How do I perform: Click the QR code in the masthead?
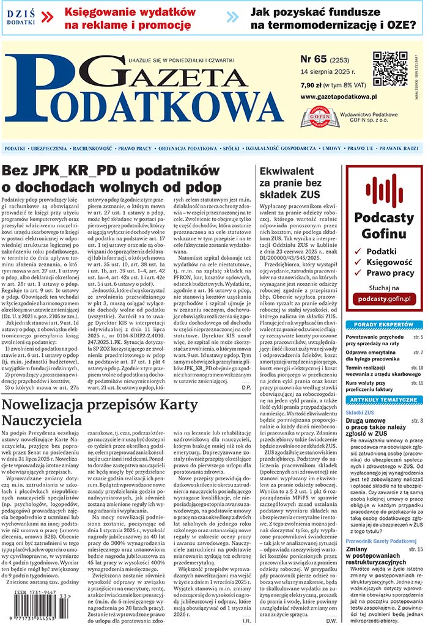[390, 68]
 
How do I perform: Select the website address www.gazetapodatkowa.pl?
[339, 97]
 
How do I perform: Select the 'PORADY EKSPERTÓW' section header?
[383, 324]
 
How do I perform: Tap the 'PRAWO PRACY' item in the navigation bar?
[135, 148]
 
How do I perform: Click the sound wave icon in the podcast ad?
[384, 190]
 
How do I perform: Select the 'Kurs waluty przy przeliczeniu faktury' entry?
[371, 386]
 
